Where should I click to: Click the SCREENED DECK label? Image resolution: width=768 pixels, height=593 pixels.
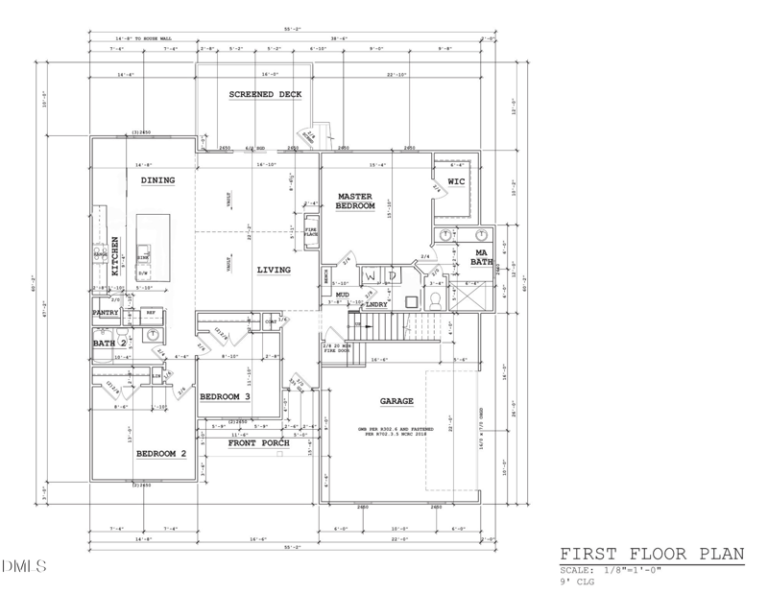(265, 94)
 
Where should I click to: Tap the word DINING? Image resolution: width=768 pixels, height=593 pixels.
(157, 180)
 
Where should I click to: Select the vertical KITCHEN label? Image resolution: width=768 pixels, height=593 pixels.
(115, 256)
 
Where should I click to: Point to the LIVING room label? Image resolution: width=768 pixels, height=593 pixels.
(273, 270)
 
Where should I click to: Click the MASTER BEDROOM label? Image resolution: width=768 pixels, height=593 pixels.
(354, 202)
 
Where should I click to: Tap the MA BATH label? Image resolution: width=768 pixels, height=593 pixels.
(482, 256)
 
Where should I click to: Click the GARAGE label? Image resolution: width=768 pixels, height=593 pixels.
(396, 401)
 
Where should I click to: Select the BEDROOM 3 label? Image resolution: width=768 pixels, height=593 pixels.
(225, 396)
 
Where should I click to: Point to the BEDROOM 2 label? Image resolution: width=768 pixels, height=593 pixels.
(160, 453)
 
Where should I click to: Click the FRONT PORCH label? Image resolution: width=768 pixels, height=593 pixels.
(259, 442)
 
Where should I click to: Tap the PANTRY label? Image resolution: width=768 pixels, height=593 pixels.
(105, 313)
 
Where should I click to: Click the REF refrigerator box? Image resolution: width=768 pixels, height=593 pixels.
(151, 313)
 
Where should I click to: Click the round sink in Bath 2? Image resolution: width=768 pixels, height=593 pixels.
(153, 335)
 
